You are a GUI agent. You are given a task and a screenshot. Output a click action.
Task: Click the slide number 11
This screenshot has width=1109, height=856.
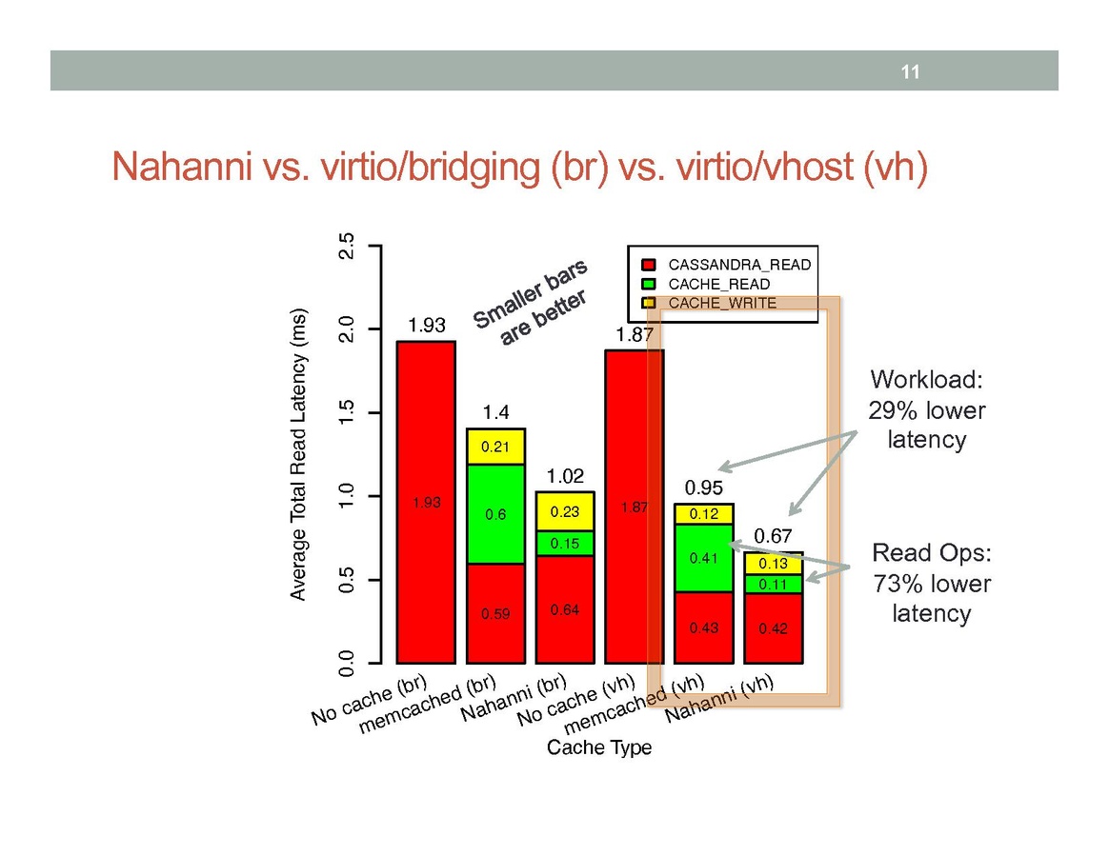coord(910,72)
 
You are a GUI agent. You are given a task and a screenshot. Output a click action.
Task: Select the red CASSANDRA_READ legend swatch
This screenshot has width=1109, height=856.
coord(649,265)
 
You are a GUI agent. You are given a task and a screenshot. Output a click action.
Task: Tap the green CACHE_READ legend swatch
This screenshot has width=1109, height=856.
coord(649,284)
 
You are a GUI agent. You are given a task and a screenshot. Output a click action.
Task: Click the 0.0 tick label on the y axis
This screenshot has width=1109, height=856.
coord(348,662)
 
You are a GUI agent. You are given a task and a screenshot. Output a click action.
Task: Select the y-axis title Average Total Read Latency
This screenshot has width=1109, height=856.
coord(299,454)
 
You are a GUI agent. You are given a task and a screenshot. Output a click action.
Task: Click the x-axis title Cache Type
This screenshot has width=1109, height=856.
coord(599,747)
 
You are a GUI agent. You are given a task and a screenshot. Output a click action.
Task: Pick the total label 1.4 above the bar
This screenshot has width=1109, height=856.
coord(494,412)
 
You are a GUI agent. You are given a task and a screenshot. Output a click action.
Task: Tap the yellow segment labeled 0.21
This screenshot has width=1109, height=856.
coord(494,447)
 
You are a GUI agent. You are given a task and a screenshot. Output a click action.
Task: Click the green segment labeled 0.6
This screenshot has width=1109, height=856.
coord(494,514)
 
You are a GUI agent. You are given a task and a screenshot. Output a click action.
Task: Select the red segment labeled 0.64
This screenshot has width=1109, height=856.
coord(565,609)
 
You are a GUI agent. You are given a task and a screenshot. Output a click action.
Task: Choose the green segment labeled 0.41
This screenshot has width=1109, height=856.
coord(703,558)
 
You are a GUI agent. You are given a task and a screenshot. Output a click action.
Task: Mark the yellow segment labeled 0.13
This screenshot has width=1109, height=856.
coord(774,565)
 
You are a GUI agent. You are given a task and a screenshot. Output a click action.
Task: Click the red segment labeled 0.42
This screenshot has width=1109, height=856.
coord(774,628)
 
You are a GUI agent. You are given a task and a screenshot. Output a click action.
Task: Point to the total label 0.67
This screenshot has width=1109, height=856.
coord(774,537)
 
